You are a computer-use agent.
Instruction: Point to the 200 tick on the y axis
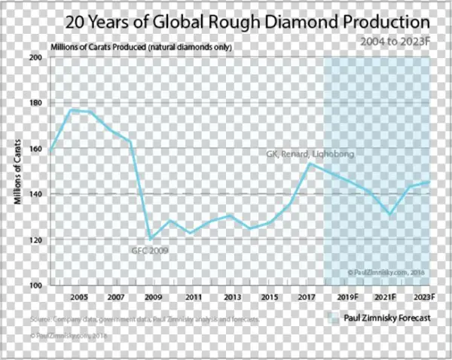[35, 57]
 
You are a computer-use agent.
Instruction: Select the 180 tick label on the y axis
[35, 102]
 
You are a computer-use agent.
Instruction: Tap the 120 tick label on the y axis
[35, 239]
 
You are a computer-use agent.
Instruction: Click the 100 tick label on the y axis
[35, 285]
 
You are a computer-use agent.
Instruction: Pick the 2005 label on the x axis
[79, 297]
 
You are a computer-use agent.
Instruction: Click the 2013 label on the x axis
[232, 297]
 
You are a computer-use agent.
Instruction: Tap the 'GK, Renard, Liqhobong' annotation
[310, 154]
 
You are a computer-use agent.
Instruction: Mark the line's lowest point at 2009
[151, 239]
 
